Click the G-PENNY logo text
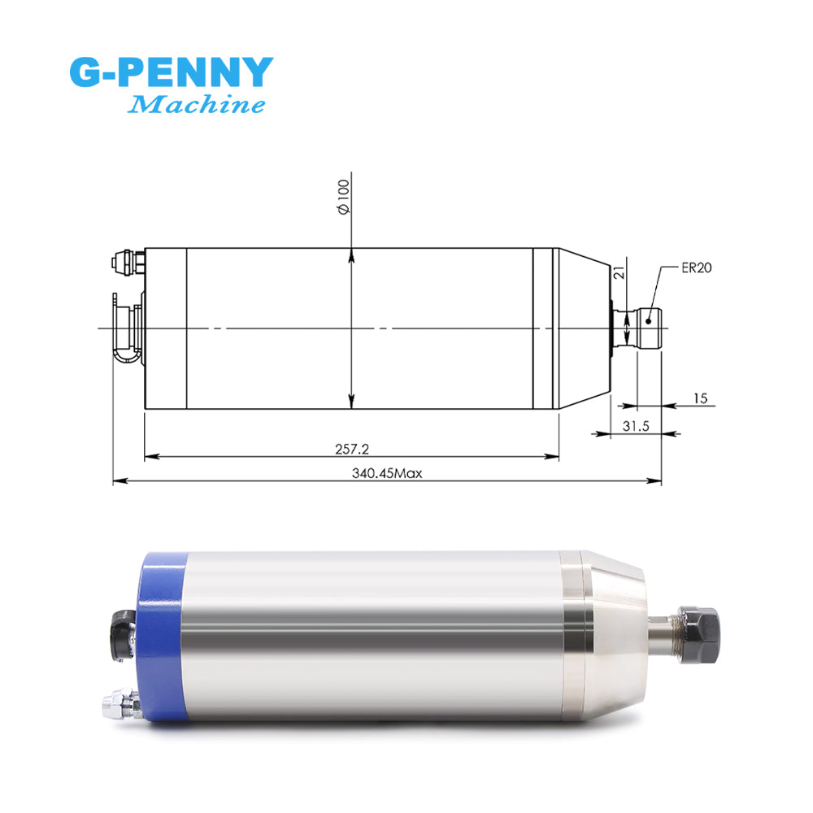pos(171,73)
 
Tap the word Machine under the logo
pos(198,105)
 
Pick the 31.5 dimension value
pos(636,424)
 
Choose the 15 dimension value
pos(701,398)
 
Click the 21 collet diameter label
pos(619,275)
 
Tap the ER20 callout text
pos(698,268)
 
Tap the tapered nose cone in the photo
pos(615,626)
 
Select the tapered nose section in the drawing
pos(584,328)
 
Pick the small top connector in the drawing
pos(126,263)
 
